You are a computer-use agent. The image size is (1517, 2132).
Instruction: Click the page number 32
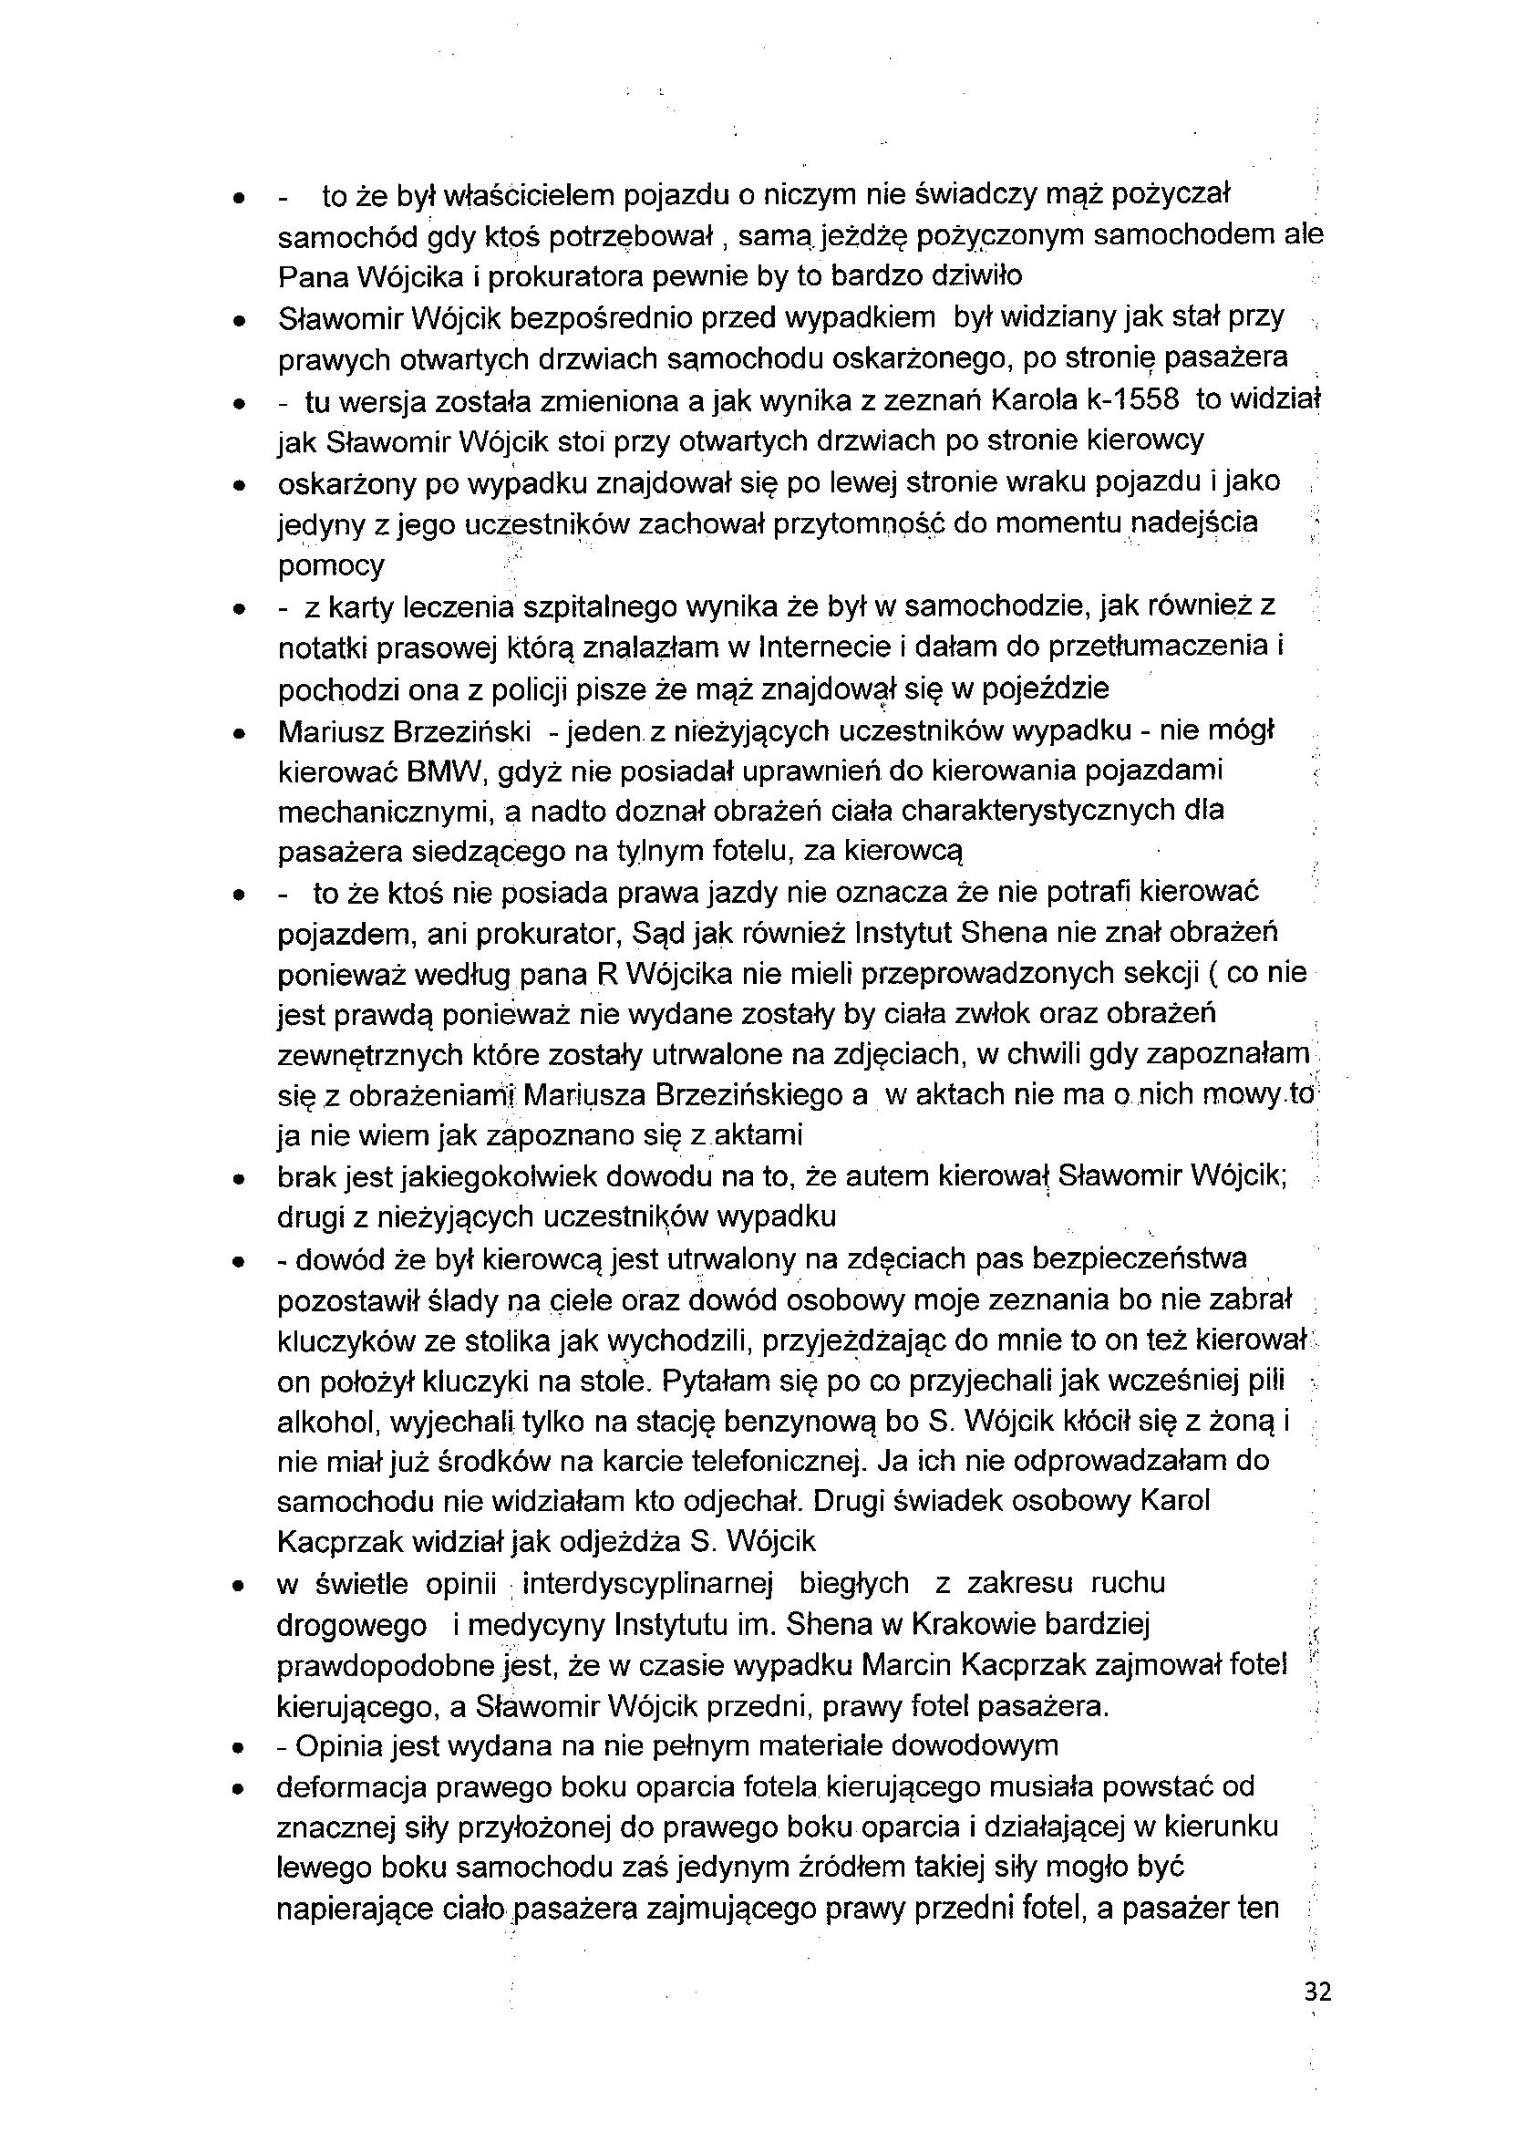coord(1317,1992)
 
